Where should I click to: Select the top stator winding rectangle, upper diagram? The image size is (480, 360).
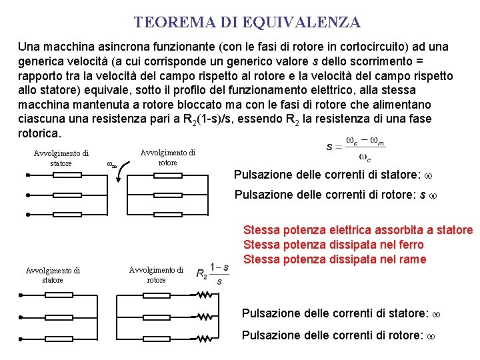point(65,175)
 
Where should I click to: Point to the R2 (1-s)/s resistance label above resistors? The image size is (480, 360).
point(213,273)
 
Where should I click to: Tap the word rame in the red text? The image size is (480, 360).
point(413,259)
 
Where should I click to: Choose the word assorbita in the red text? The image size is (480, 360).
point(382,230)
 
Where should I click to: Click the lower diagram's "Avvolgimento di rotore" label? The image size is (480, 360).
point(156,275)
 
